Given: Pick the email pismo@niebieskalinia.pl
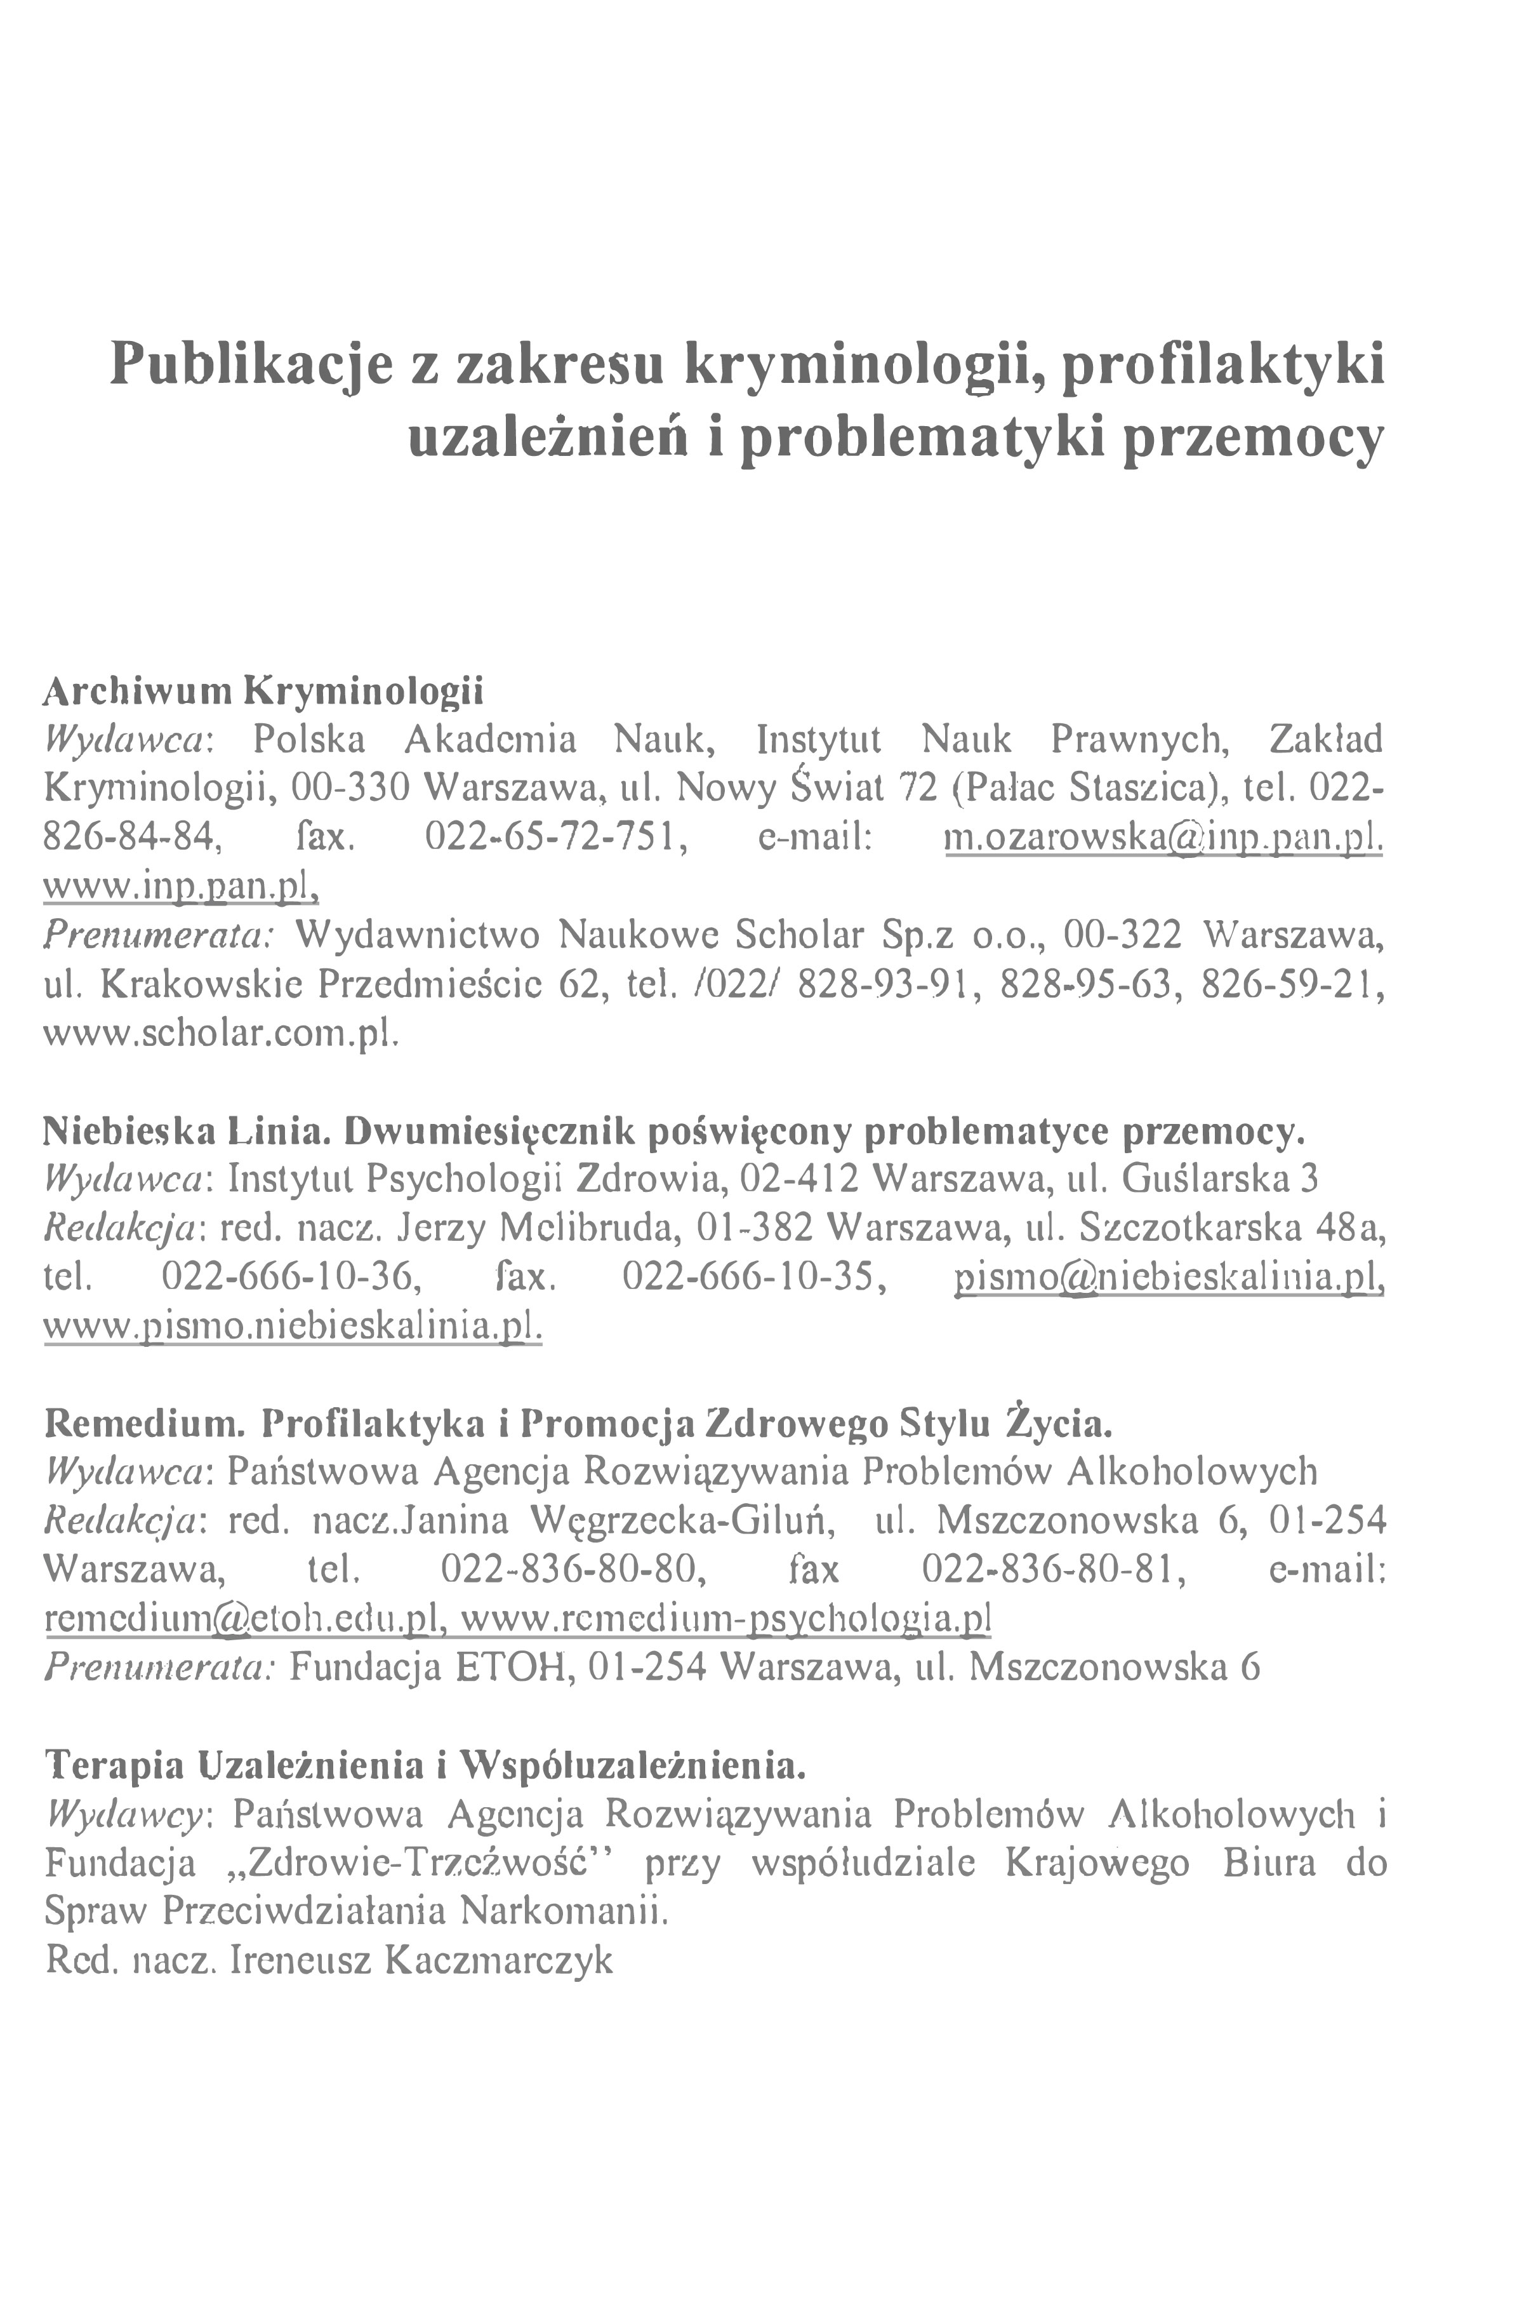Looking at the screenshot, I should [1169, 1278].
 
